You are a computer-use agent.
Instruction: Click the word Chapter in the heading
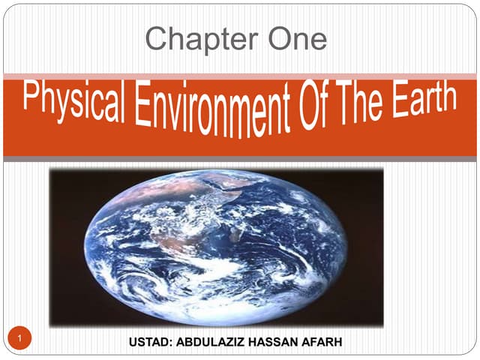(190, 38)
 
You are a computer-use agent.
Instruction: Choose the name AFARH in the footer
(323, 342)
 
